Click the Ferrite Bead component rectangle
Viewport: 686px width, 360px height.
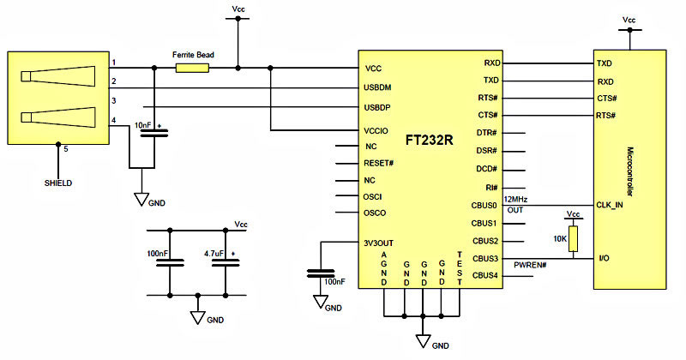tap(192, 68)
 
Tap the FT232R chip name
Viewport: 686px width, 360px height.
tap(430, 140)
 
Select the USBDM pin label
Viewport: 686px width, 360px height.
tap(377, 87)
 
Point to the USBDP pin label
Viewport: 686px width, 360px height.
tap(377, 107)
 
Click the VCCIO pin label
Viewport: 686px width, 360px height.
tap(376, 131)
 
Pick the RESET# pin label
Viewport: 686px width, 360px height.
tap(378, 163)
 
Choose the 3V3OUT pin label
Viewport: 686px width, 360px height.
tap(378, 243)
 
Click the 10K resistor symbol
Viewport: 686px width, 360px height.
tap(573, 239)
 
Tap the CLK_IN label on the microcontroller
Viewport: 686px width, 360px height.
tap(610, 205)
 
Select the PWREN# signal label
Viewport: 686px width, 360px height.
tap(530, 265)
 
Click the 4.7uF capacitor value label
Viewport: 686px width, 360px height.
tap(214, 254)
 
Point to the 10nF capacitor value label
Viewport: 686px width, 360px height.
tap(142, 125)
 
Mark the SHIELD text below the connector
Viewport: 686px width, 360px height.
tap(58, 183)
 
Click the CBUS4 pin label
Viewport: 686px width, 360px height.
tap(485, 276)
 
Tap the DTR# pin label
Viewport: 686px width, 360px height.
tap(486, 133)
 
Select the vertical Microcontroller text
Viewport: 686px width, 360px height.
tap(630, 171)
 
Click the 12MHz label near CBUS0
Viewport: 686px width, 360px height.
tap(516, 200)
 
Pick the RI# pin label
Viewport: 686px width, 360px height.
tap(491, 188)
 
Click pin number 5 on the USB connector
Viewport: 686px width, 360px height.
tap(66, 149)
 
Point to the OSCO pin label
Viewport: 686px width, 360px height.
tap(375, 213)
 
